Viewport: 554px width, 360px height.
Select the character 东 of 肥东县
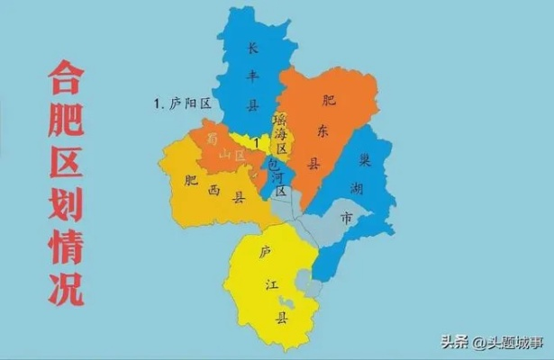(x=323, y=131)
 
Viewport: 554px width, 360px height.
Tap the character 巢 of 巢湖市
(x=365, y=159)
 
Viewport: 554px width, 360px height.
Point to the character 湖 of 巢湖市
(x=353, y=187)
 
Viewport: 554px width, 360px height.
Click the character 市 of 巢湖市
(x=347, y=218)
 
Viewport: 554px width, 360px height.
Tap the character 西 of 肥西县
(x=214, y=188)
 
